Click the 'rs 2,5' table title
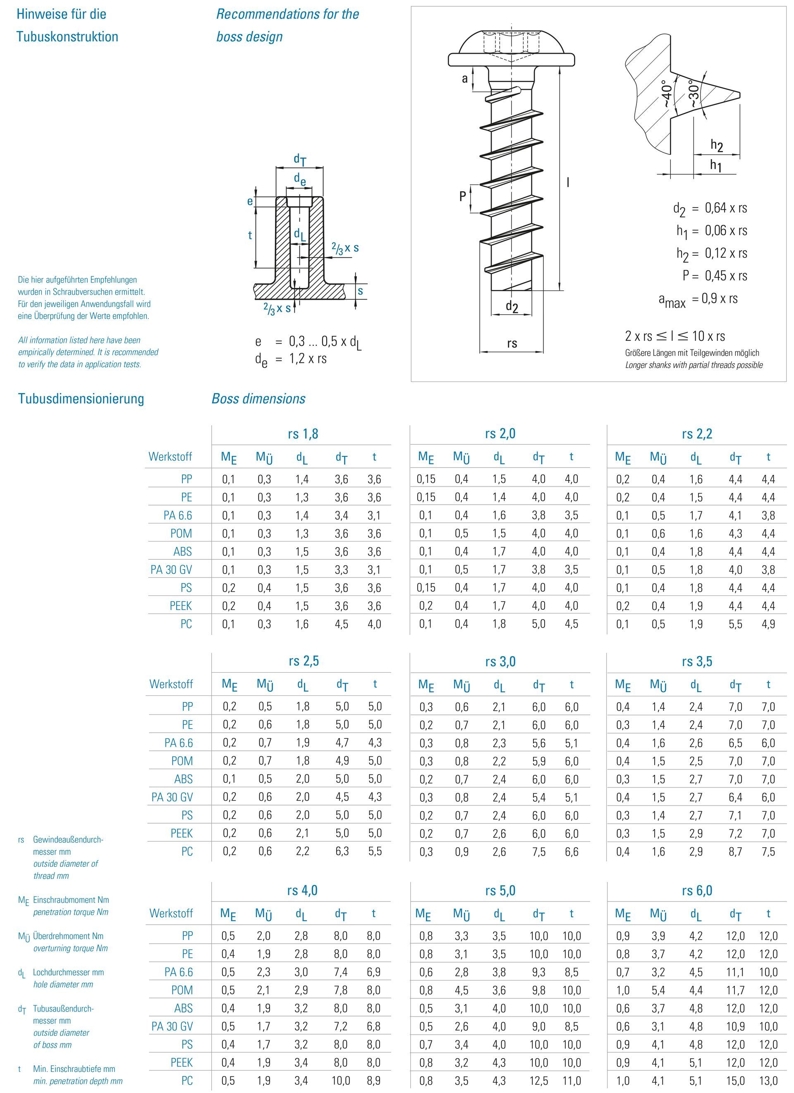(x=304, y=661)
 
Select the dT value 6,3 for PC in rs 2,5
(x=342, y=851)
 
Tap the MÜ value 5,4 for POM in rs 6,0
(x=658, y=990)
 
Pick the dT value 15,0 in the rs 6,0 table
(x=735, y=1081)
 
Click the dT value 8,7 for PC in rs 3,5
(x=735, y=851)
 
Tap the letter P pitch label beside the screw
(x=462, y=196)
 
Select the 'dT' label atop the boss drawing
(x=300, y=160)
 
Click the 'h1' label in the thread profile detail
(x=716, y=165)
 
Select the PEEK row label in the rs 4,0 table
(x=181, y=1063)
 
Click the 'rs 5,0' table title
(x=500, y=891)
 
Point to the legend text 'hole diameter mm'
(x=63, y=984)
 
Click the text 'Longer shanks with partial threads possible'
(x=694, y=365)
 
